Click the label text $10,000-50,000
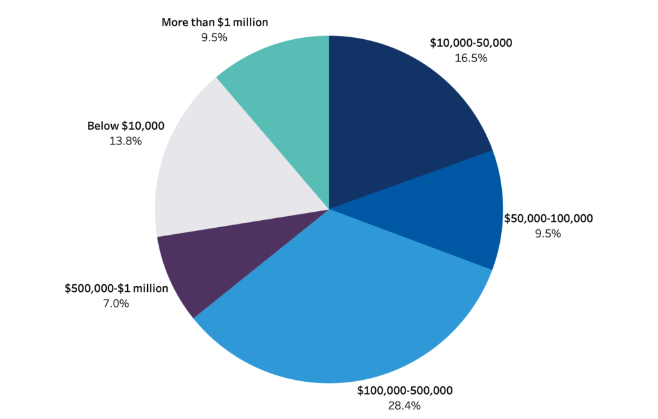[470, 44]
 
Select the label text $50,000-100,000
[548, 219]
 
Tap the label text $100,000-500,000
[405, 391]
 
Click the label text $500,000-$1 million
[116, 289]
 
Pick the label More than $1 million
[215, 22]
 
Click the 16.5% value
[471, 58]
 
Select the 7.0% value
[116, 304]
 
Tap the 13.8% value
[126, 141]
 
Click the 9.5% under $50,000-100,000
[548, 234]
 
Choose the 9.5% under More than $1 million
[215, 37]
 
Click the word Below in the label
[101, 126]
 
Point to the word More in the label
[175, 22]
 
